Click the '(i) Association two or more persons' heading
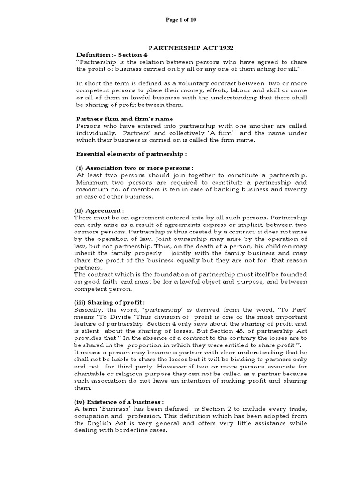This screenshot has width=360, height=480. pyautogui.click(x=135, y=168)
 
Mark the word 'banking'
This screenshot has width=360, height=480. pyautogui.click(x=223, y=189)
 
